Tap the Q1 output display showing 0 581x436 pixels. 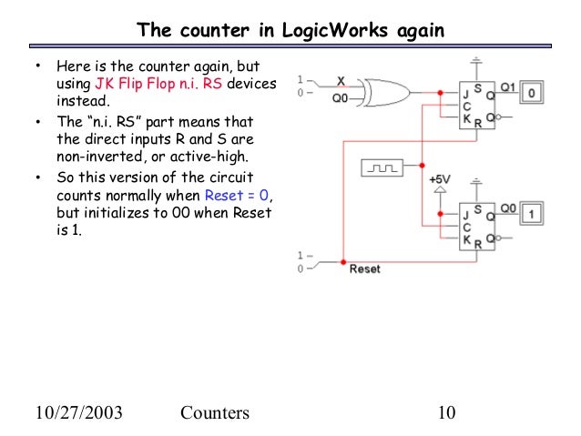[x=535, y=91]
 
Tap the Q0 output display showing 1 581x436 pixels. [x=535, y=212]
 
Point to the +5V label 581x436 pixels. [x=441, y=179]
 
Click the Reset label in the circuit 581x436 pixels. [x=364, y=269]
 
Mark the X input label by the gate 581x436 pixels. [x=341, y=79]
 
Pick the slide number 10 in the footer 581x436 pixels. [x=445, y=413]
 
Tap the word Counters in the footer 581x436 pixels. [x=214, y=413]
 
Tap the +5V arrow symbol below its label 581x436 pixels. [x=441, y=193]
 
